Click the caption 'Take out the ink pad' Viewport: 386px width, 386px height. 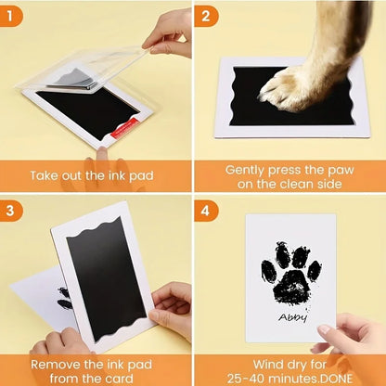pos(94,174)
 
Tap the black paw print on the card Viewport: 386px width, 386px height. pos(290,274)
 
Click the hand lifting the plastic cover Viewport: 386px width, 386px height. pos(168,33)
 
